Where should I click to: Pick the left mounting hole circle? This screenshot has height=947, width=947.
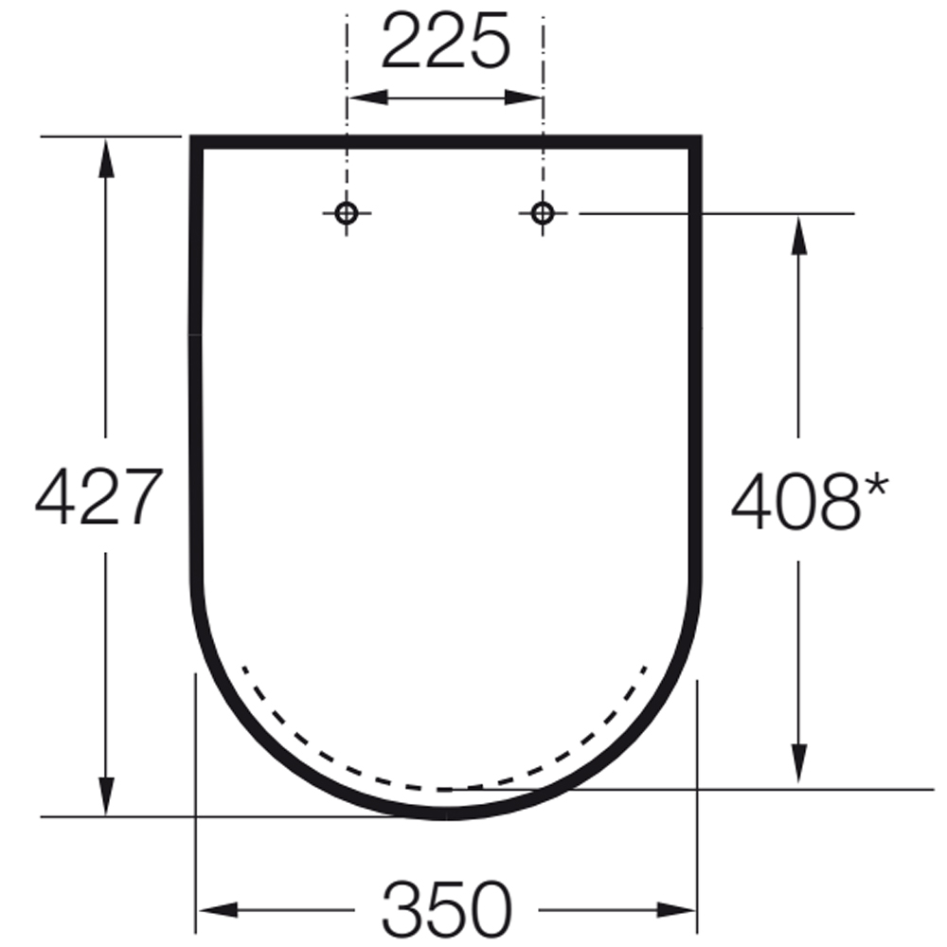point(347,213)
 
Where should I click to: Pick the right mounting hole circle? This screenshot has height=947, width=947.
point(542,213)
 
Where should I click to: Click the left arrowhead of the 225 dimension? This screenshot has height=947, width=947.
point(364,98)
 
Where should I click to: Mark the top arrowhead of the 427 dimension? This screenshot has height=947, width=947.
point(106,156)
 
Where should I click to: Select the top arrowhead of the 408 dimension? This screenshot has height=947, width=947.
point(798,234)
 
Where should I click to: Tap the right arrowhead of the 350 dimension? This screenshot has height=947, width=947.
point(677,911)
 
